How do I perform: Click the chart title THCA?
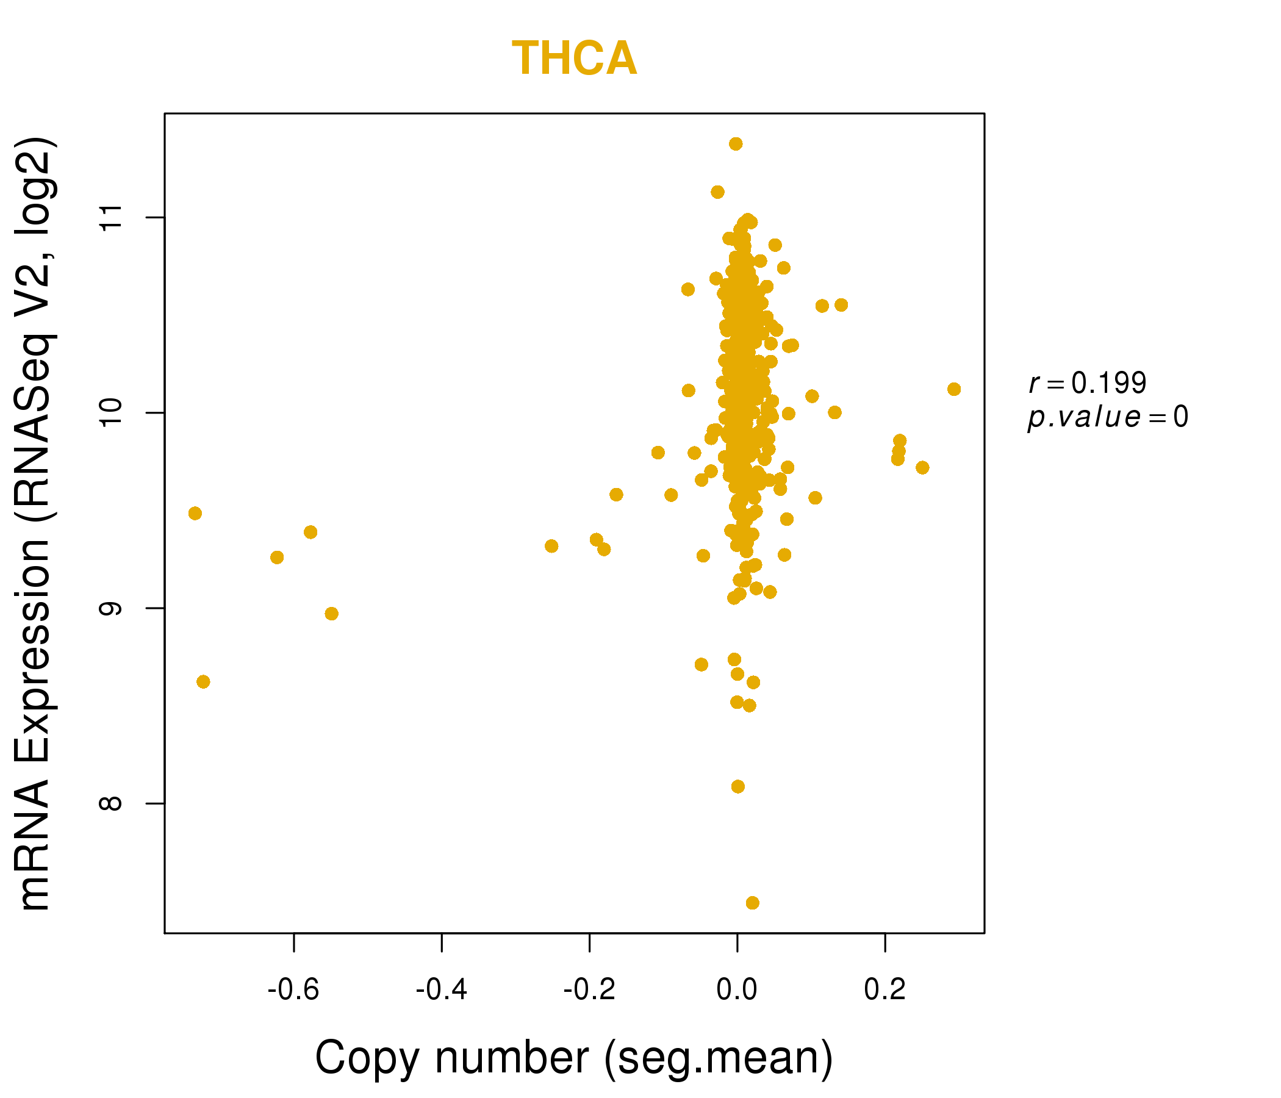click(574, 59)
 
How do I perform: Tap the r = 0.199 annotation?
click(1088, 383)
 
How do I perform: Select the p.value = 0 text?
click(1107, 417)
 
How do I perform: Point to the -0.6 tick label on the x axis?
click(293, 990)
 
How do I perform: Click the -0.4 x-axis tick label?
click(442, 990)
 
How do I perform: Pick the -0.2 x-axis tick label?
click(589, 990)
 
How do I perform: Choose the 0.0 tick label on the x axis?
click(737, 990)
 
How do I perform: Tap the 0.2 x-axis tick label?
click(884, 990)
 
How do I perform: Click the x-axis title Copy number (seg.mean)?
click(574, 1058)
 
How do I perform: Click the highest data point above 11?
click(736, 144)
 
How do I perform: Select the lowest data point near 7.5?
click(752, 903)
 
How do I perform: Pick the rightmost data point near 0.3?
click(954, 389)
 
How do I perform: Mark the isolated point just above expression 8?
click(737, 786)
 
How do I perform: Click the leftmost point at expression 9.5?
click(195, 513)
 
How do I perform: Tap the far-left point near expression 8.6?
click(203, 681)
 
